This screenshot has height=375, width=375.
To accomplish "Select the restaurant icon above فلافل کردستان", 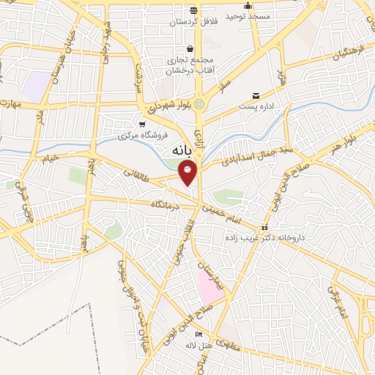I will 193,11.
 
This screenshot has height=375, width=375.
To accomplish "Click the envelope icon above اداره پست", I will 256,96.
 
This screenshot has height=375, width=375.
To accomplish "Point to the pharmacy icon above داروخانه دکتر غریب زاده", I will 265,228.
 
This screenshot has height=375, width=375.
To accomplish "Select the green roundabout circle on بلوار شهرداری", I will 199,104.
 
